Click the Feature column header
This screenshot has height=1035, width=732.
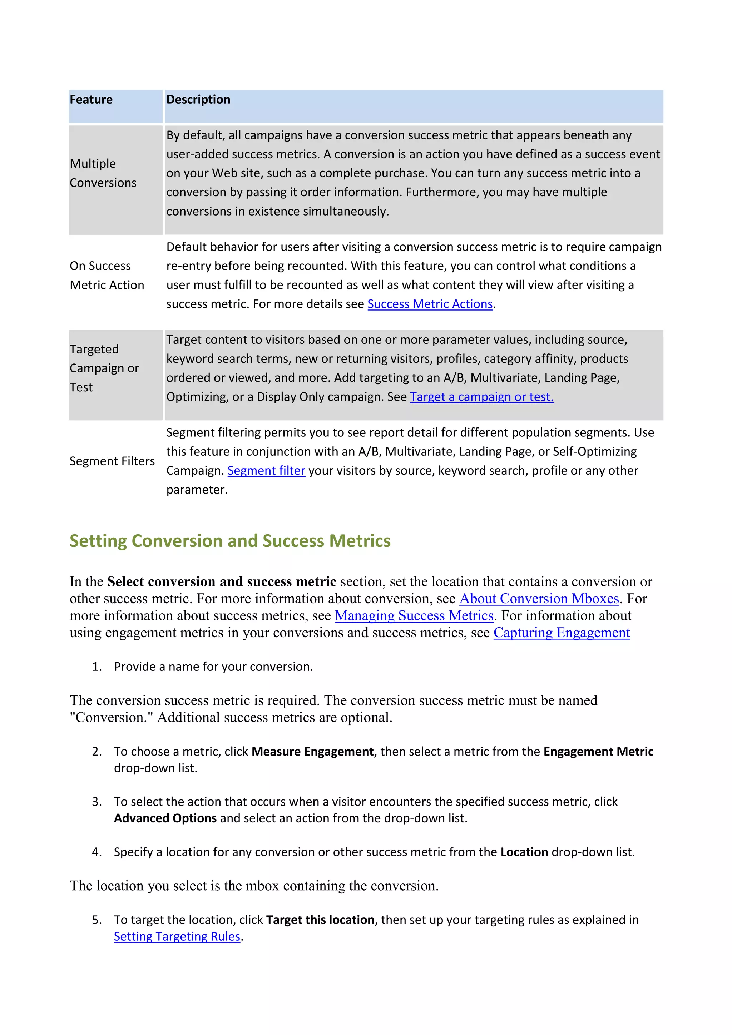(x=91, y=100)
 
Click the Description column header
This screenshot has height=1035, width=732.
(x=198, y=100)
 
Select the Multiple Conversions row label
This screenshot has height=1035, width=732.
(x=103, y=173)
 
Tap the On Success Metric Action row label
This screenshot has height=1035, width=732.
(x=107, y=276)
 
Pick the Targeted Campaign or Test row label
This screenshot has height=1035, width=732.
(x=104, y=368)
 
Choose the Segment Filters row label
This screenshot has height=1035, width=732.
(x=112, y=461)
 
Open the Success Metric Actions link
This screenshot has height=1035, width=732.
(x=430, y=304)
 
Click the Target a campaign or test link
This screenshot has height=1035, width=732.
(x=481, y=397)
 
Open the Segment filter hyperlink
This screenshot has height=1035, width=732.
(x=266, y=471)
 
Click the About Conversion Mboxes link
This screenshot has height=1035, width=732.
(x=539, y=599)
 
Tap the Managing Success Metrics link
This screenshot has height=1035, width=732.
(x=414, y=616)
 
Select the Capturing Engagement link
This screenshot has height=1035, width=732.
(x=561, y=633)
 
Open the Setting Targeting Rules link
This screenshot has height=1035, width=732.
(x=177, y=937)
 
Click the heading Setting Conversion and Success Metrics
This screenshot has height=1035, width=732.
(x=230, y=541)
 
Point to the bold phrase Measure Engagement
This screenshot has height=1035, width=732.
(x=312, y=752)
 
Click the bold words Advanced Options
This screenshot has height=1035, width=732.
(x=165, y=818)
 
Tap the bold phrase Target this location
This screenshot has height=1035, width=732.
(x=320, y=920)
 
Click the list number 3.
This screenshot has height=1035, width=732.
(x=97, y=802)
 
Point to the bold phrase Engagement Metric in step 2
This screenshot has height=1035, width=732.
(x=598, y=752)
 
